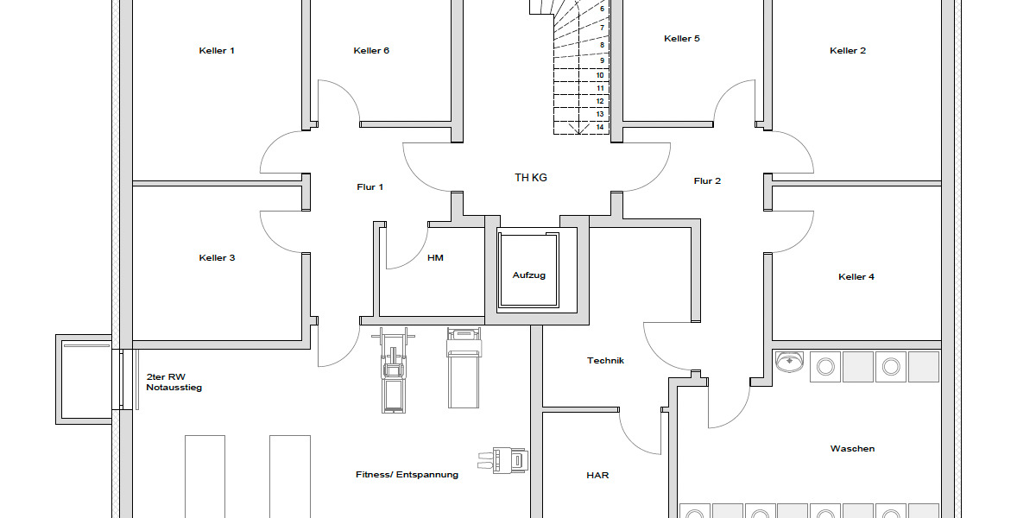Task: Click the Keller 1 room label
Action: click(x=217, y=51)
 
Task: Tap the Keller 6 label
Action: click(x=371, y=51)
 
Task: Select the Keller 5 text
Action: click(x=682, y=39)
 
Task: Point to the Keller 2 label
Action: click(x=848, y=51)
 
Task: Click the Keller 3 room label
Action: click(x=217, y=258)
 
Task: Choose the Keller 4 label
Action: click(x=856, y=277)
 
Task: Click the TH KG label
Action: click(x=531, y=178)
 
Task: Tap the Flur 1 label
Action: click(x=370, y=187)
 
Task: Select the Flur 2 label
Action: click(x=707, y=181)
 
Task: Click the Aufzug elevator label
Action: click(x=529, y=275)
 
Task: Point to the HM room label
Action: click(x=435, y=258)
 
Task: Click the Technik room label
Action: click(x=605, y=361)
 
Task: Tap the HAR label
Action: click(x=597, y=476)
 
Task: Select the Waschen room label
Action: click(x=852, y=449)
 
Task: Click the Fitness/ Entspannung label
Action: click(x=407, y=475)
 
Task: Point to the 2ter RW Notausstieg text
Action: click(x=174, y=382)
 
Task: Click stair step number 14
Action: click(x=599, y=127)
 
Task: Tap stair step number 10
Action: click(x=599, y=75)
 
